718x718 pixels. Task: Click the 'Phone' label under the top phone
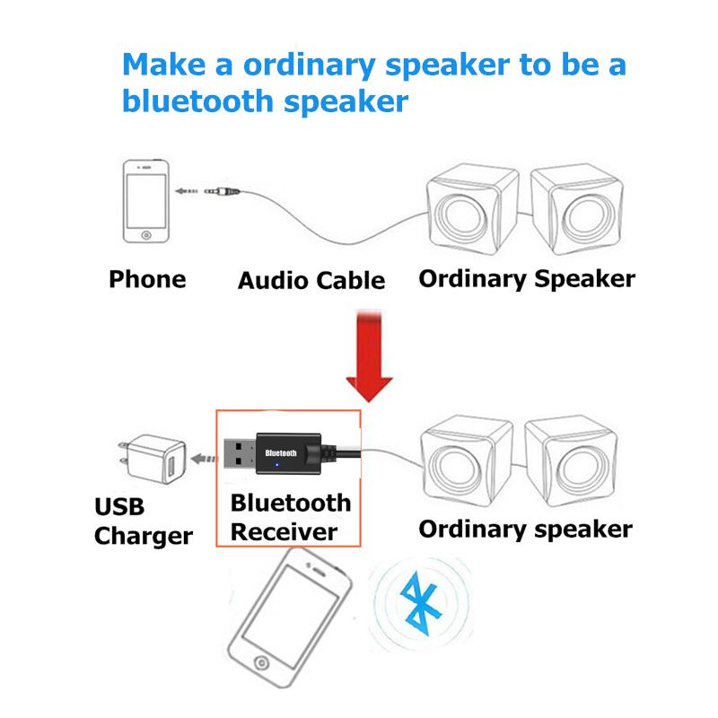147,279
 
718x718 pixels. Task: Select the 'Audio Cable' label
311,281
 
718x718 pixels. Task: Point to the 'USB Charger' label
143,522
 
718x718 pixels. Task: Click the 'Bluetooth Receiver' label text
290,516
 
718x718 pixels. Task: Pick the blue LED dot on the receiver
277,465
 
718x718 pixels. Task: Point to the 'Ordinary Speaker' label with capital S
527,278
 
